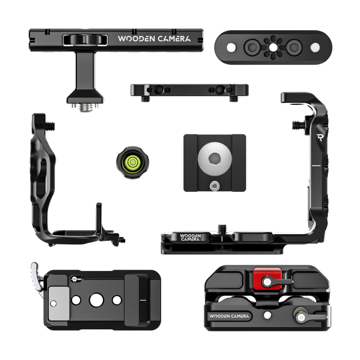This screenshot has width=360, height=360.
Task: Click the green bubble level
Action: click(132, 162)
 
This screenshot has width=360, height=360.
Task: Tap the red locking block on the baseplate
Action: click(267, 279)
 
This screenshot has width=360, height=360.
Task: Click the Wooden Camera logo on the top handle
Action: click(154, 38)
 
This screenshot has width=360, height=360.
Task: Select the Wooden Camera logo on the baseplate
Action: click(229, 316)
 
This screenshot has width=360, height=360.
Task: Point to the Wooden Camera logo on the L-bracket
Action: click(190, 237)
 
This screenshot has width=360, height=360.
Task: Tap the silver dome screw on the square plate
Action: click(215, 159)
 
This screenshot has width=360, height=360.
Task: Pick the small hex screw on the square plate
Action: click(215, 185)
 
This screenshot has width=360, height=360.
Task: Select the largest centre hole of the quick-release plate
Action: click(97, 300)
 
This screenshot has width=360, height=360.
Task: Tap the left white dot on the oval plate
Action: click(231, 48)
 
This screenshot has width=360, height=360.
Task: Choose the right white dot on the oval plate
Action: click(315, 48)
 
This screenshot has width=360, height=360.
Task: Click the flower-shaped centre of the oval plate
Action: click(273, 48)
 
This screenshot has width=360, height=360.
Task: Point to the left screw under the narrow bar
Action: click(145, 99)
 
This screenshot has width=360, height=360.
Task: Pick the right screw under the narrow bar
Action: click(234, 99)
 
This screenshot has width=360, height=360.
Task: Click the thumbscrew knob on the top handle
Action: click(85, 40)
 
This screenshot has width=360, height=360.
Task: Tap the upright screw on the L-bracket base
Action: click(222, 229)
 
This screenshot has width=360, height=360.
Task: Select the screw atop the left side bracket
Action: click(50, 126)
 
